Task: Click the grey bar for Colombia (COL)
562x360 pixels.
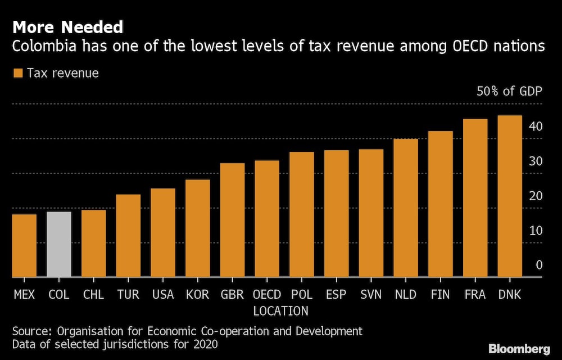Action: coord(58,245)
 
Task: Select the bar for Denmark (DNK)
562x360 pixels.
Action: coord(510,196)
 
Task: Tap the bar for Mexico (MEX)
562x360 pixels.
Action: coord(24,246)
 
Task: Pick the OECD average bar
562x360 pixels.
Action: coord(267,219)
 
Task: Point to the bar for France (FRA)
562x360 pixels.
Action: coord(475,198)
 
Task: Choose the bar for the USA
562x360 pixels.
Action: coord(163,233)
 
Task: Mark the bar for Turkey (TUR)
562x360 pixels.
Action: coord(128,236)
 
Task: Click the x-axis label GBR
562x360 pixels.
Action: coord(232,294)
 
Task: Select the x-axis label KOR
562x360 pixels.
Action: coord(197,294)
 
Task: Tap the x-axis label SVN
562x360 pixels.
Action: coord(371,294)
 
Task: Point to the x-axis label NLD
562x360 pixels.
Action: coord(406,294)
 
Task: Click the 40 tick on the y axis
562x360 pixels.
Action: coord(535,127)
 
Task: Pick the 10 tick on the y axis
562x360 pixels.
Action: coord(535,231)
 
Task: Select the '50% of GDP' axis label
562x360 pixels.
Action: coord(509,91)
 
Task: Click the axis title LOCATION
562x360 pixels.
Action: coord(280,311)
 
